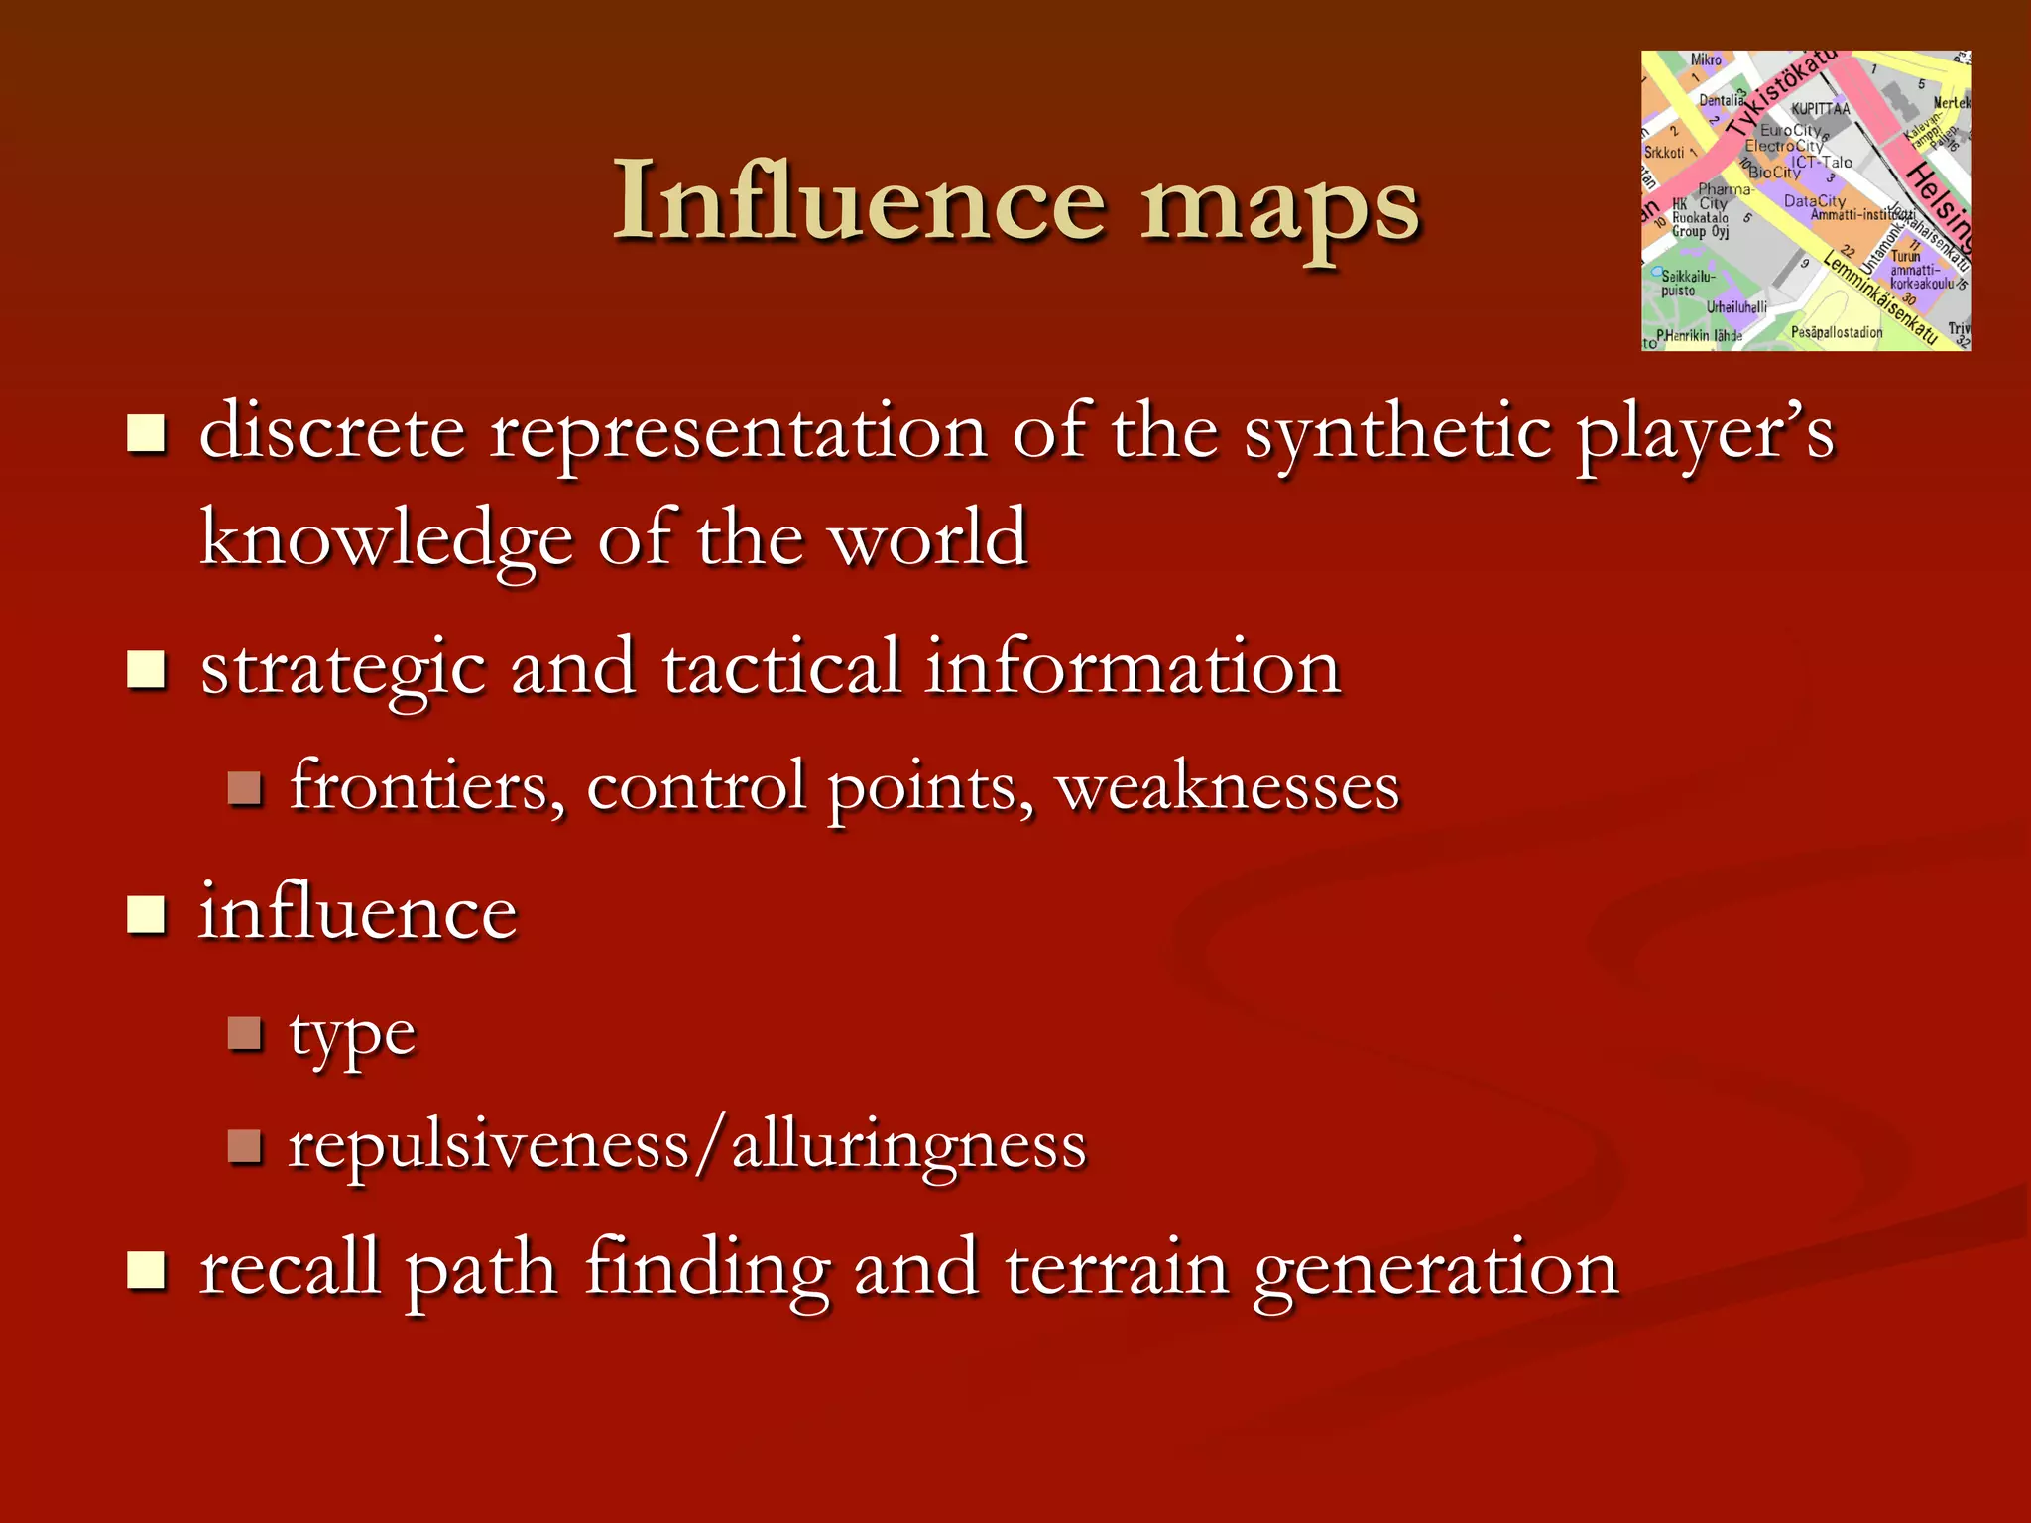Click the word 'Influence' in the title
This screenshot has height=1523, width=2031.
click(859, 201)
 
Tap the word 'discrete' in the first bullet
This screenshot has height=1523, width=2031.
click(332, 432)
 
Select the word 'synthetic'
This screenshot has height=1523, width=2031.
click(1398, 434)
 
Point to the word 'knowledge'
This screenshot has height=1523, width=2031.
click(387, 540)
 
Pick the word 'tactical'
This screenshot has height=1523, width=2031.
click(781, 667)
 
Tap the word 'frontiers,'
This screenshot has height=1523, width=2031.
click(426, 786)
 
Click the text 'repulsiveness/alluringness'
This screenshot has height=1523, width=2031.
click(687, 1146)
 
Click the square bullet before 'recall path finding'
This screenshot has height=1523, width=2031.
click(147, 1270)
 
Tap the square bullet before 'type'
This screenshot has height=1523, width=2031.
click(244, 1034)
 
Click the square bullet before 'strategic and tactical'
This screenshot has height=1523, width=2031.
click(147, 669)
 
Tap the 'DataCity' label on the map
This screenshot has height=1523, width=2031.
click(1815, 201)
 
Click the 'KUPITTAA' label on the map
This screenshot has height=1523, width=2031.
click(1820, 109)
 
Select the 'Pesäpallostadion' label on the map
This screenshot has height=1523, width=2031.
click(1837, 332)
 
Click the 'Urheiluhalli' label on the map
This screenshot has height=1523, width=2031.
click(1736, 307)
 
